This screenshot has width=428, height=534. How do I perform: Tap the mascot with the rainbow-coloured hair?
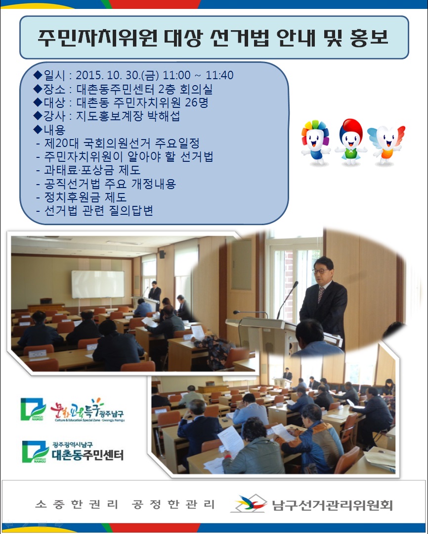pos(315,140)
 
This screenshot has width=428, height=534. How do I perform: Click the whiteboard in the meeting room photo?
pos(97,284)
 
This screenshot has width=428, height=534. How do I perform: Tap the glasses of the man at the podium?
pos(322,271)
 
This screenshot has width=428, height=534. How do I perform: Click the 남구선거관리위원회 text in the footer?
pos(332,505)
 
